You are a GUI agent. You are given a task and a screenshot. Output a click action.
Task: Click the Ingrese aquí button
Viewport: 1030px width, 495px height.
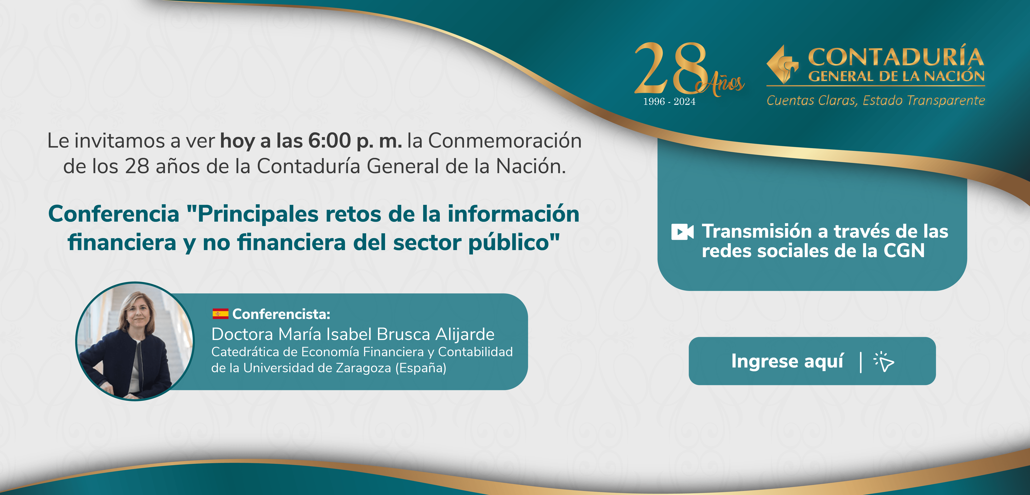(812, 361)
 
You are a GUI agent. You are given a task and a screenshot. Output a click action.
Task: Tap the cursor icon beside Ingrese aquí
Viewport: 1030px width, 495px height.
(884, 362)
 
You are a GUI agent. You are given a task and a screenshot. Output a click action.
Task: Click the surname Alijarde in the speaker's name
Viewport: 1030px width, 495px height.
(465, 334)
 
